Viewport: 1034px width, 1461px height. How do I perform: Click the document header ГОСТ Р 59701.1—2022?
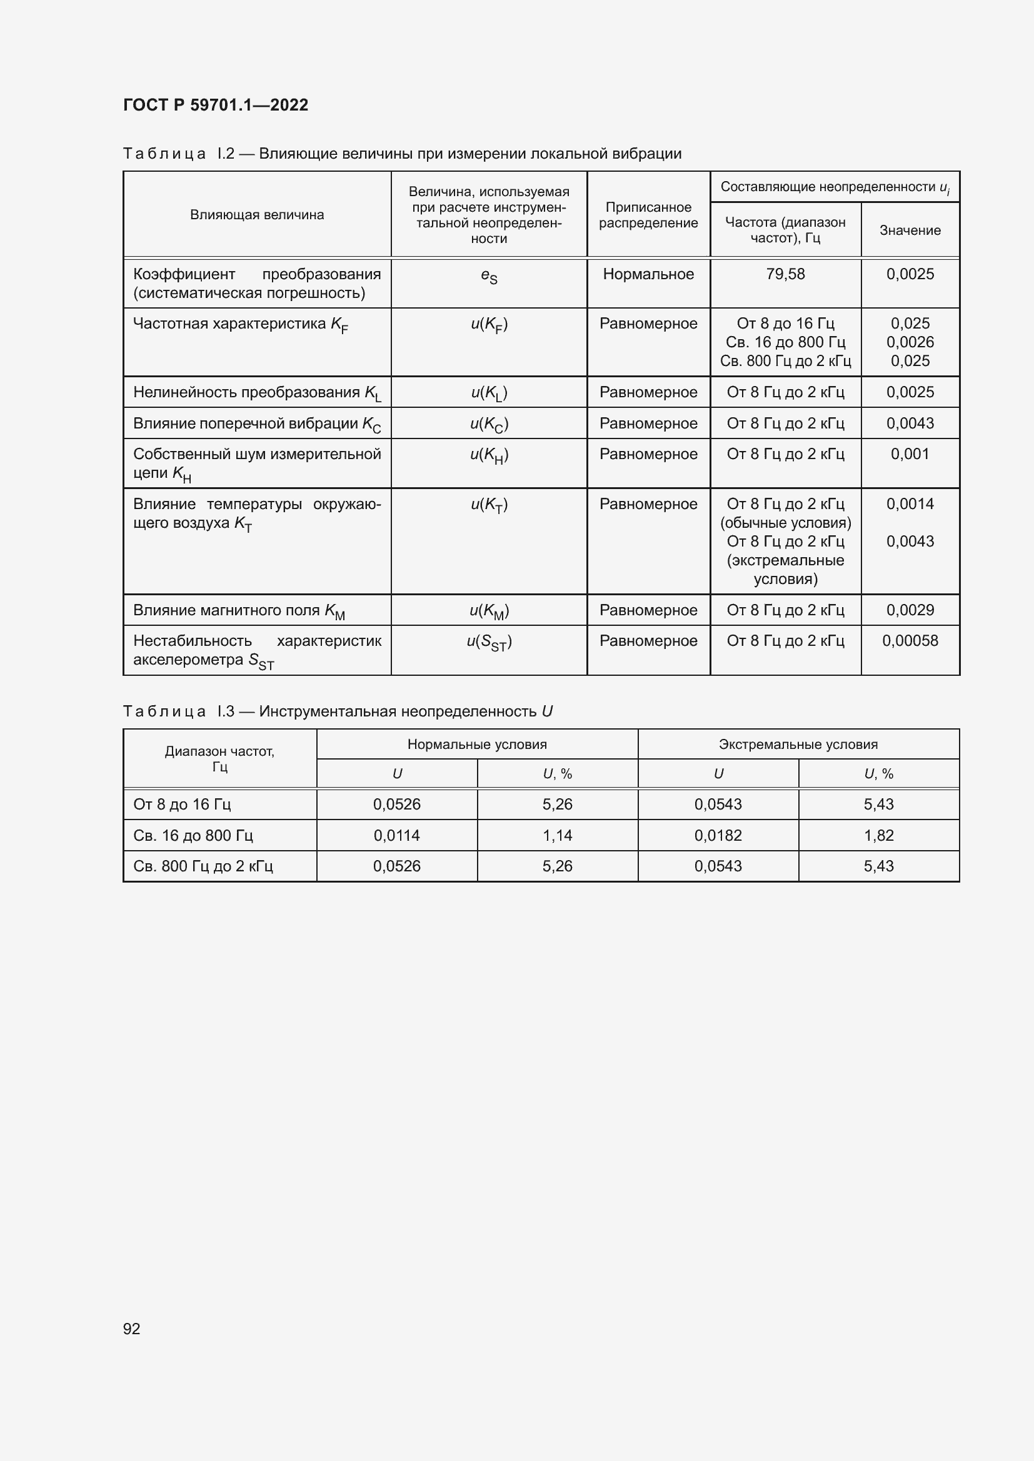pos(215,105)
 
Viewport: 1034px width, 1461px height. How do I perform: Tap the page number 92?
pos(131,1328)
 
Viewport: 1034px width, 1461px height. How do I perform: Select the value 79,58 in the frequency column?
pos(785,274)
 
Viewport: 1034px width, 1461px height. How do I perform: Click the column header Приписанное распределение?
pos(648,215)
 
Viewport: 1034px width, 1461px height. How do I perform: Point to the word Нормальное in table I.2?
pos(648,274)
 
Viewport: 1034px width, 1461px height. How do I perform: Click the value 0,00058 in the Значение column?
pos(910,641)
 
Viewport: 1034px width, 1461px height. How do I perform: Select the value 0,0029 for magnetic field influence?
pos(910,610)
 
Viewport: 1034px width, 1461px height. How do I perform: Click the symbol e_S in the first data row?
pos(489,276)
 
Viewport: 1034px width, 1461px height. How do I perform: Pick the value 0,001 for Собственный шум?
pos(910,454)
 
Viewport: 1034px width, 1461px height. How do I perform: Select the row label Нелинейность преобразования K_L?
pos(256,393)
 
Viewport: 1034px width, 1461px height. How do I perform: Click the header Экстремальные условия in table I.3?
pos(798,745)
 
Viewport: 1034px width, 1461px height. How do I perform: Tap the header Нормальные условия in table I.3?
pos(477,745)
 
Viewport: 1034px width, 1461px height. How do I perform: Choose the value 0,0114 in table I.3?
pos(397,836)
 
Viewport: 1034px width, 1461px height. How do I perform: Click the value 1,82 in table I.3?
pos(878,836)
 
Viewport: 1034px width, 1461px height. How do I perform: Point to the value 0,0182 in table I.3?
pos(718,836)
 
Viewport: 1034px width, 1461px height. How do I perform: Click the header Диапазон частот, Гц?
pos(219,759)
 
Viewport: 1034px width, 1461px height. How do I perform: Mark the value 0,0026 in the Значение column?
pos(910,342)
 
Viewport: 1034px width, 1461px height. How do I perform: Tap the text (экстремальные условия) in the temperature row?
pos(785,570)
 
